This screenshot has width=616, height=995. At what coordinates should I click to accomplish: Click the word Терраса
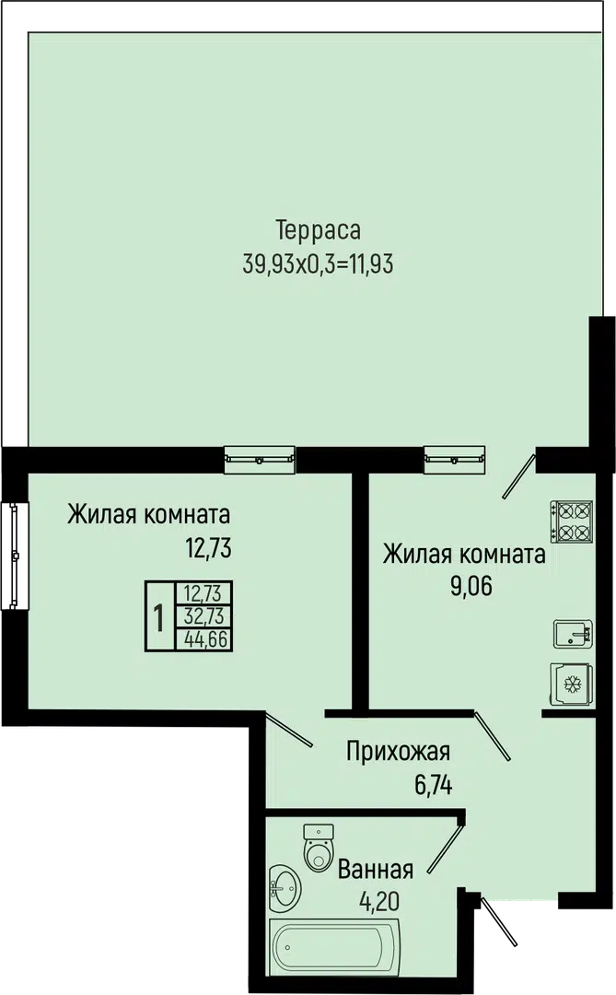[319, 229]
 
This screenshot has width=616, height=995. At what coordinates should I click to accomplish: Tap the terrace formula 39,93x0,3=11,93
[319, 263]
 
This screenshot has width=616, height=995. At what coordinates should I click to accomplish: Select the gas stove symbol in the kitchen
[572, 521]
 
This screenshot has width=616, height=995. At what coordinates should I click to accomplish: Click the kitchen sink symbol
[574, 634]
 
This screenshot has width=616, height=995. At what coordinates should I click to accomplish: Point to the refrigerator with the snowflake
[572, 684]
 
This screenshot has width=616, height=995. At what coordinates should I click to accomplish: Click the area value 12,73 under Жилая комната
[208, 547]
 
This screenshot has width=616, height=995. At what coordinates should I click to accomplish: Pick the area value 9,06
[471, 587]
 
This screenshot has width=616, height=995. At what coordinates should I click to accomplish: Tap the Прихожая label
[399, 752]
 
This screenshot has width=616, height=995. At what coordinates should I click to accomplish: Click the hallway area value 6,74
[434, 786]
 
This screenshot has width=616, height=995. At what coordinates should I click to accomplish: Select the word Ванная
[376, 869]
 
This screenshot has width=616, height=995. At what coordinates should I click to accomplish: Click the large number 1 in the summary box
[159, 616]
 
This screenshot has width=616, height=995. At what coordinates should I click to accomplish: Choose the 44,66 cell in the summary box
[205, 639]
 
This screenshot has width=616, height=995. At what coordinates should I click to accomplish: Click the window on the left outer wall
[16, 556]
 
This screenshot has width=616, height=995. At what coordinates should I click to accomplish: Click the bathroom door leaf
[445, 847]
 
